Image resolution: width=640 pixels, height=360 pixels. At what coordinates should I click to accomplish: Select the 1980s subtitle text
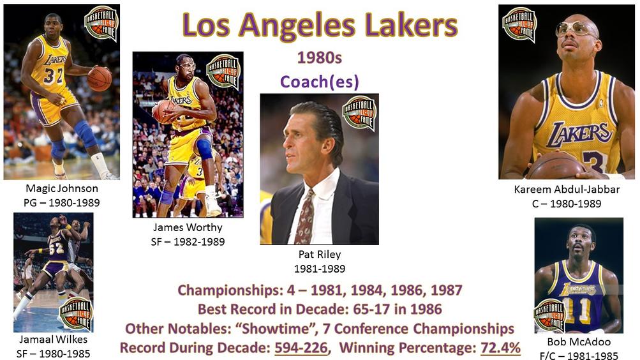[319, 57]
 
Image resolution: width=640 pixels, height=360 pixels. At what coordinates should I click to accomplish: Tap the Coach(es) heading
[319, 82]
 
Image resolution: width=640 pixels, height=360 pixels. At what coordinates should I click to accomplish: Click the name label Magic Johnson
[62, 188]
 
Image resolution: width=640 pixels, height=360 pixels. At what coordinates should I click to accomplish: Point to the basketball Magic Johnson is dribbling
[99, 79]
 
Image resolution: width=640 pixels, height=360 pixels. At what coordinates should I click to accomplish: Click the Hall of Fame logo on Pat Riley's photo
[359, 113]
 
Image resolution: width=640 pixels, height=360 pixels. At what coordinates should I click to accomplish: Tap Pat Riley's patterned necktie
[304, 217]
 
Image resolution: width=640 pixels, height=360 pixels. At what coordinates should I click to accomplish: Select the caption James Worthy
[188, 227]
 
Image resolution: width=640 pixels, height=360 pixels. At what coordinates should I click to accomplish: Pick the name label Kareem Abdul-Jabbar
[567, 190]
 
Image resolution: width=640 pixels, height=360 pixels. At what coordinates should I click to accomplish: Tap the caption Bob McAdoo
[579, 341]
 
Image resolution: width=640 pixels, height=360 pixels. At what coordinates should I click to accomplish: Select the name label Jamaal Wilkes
[53, 339]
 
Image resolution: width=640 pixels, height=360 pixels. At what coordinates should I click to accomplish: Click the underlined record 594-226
[301, 348]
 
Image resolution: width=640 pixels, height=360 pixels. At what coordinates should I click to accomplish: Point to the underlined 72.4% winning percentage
[500, 348]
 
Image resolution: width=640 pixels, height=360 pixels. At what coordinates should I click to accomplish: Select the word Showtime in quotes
[275, 329]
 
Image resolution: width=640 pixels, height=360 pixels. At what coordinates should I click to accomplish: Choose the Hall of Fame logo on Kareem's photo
[519, 24]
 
